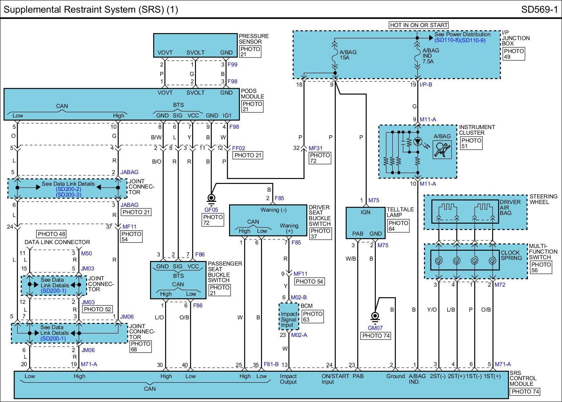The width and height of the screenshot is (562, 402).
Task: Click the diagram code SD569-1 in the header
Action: click(539, 9)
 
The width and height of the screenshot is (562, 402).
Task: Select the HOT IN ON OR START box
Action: click(419, 25)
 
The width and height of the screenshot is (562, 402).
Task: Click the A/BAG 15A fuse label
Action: click(348, 55)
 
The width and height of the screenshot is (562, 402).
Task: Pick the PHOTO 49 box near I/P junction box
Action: click(514, 54)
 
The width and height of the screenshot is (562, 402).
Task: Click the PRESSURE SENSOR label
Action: click(254, 39)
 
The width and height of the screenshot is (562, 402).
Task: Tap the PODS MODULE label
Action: click(253, 94)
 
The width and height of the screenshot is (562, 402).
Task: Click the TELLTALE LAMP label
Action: click(400, 212)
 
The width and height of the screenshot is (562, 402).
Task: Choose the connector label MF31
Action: click(315, 148)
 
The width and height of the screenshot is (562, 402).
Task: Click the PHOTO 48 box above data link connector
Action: click(52, 234)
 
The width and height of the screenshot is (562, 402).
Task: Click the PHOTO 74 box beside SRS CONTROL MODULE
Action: click(525, 391)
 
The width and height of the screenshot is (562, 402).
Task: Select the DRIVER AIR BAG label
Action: click(510, 207)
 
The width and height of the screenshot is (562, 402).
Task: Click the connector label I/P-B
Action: click(426, 85)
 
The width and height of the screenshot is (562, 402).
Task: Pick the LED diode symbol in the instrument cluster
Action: click(417, 142)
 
